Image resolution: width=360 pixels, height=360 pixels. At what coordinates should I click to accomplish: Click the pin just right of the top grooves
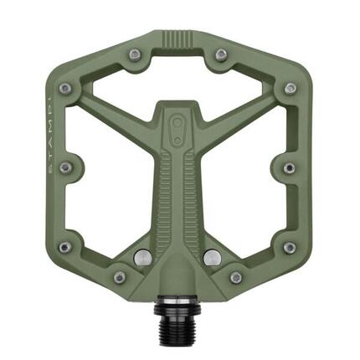(221, 54)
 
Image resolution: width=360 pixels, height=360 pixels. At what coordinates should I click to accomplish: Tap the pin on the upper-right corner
(290, 88)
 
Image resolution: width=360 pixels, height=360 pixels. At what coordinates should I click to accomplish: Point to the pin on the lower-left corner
(65, 247)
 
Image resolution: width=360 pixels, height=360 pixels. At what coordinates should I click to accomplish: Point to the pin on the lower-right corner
(289, 248)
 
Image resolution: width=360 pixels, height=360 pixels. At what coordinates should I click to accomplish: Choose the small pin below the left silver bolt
(120, 277)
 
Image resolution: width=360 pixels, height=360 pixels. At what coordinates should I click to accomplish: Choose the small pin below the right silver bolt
(236, 277)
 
